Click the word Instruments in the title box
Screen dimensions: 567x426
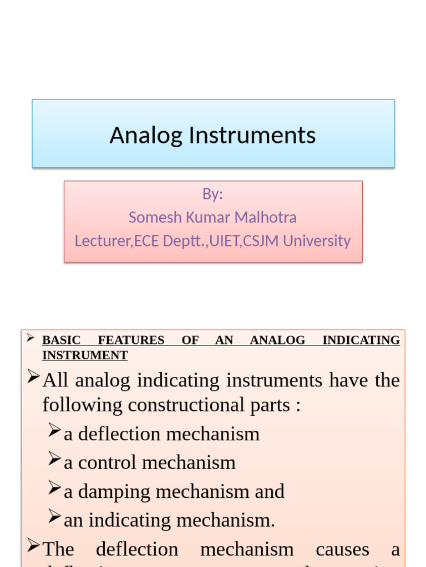pyautogui.click(x=252, y=136)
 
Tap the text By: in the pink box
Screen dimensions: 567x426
pyautogui.click(x=212, y=194)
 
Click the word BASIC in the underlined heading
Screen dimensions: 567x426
pyautogui.click(x=62, y=340)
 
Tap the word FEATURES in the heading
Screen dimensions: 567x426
pyautogui.click(x=131, y=340)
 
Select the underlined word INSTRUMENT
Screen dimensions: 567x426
pyautogui.click(x=85, y=355)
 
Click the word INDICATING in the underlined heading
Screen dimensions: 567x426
pyautogui.click(x=361, y=340)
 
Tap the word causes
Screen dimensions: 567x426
pyautogui.click(x=342, y=549)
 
